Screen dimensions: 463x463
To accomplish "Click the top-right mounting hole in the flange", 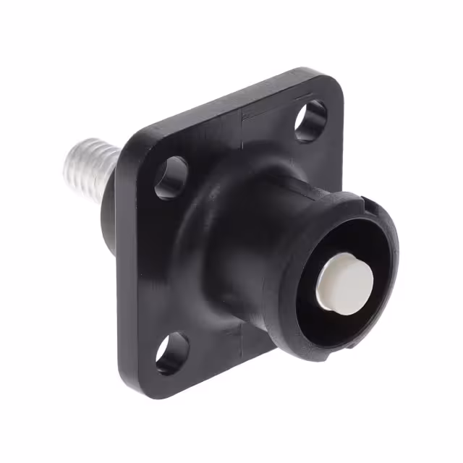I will pyautogui.click(x=310, y=120).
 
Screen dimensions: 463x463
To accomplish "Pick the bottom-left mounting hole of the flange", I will pyautogui.click(x=173, y=353).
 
